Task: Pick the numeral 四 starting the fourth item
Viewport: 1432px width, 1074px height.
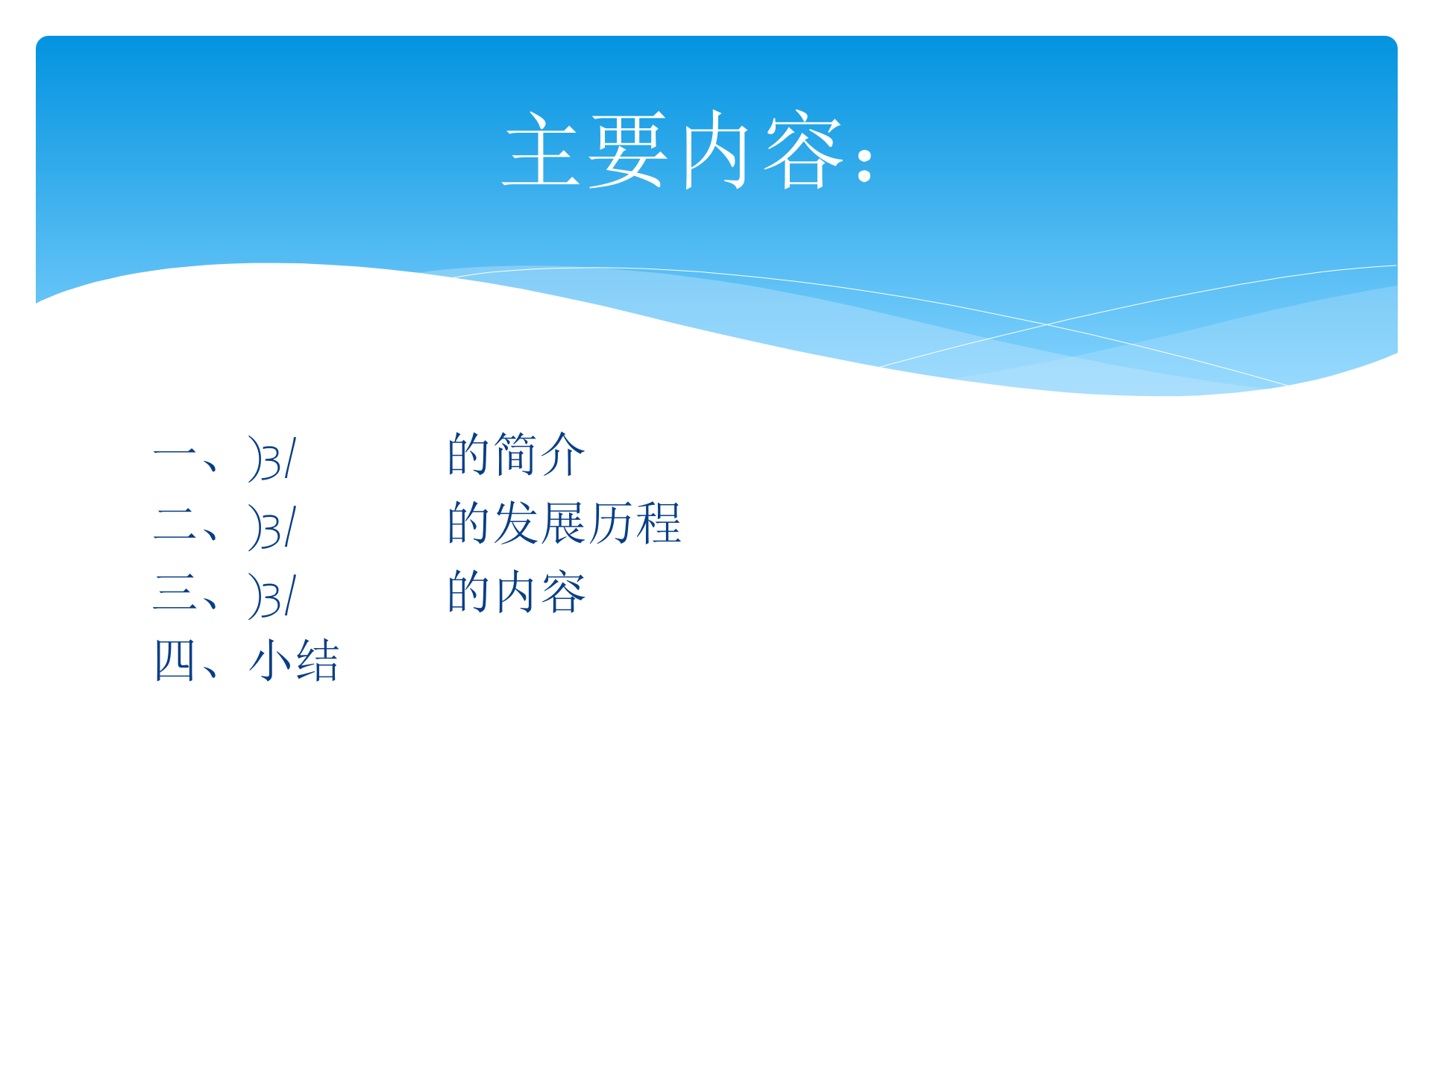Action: [x=175, y=660]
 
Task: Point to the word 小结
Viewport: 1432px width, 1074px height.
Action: [x=294, y=660]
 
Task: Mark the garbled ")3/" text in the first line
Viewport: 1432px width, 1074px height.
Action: [x=272, y=459]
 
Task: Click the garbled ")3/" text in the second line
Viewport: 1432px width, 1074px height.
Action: [x=272, y=528]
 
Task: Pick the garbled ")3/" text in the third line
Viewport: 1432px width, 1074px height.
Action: [x=272, y=597]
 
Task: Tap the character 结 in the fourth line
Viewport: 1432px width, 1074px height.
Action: [x=318, y=660]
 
